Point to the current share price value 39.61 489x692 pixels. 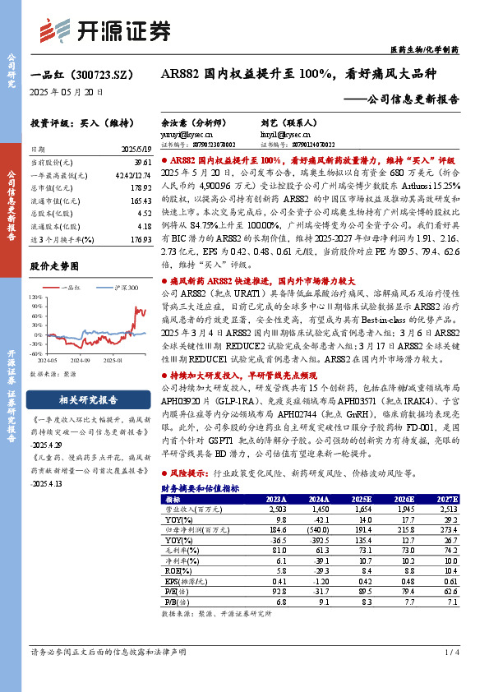[141, 164]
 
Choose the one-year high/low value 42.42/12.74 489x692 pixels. [133, 177]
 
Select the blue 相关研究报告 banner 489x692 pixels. [88, 400]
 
